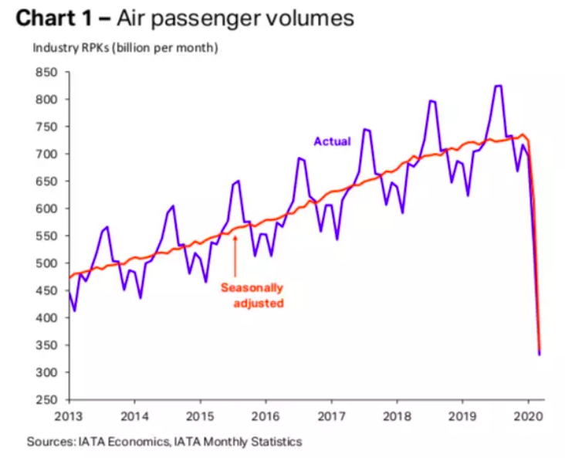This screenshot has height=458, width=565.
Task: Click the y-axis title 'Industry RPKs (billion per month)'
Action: [x=125, y=48]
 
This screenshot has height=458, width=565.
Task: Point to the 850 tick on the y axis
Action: [x=48, y=73]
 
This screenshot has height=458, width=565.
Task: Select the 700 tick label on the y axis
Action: [x=48, y=154]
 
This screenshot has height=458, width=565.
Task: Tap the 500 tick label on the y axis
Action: [x=48, y=263]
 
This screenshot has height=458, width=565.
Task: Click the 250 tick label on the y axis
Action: [x=48, y=400]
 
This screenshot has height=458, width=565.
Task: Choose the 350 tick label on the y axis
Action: [x=48, y=345]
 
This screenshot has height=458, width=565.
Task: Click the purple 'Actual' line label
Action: [x=332, y=141]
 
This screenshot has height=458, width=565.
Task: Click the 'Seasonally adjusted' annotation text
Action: [x=252, y=295]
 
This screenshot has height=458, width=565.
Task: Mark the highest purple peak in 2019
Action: [x=498, y=86]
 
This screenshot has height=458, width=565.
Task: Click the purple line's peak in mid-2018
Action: [x=432, y=101]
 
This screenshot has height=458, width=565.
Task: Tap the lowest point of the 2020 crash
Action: [x=540, y=354]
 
